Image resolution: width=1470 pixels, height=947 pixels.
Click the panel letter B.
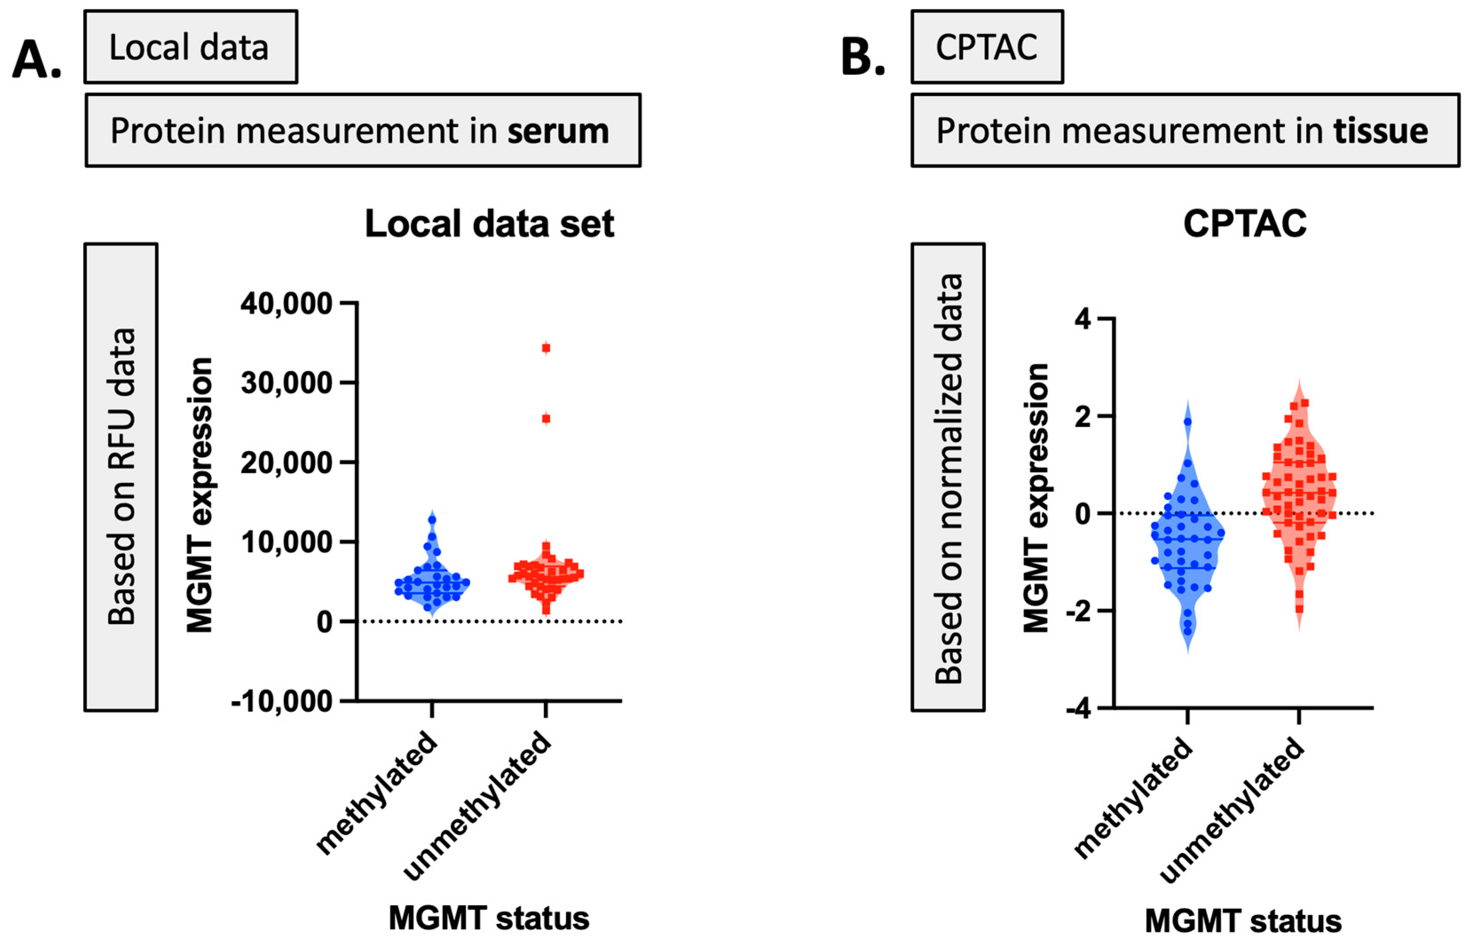point(862,59)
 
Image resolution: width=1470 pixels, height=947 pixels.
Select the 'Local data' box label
point(189,47)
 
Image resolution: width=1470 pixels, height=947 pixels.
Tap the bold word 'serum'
point(558,131)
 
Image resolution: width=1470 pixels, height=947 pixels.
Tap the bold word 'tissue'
point(1381,131)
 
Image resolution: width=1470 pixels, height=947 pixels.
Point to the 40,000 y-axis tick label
point(286,304)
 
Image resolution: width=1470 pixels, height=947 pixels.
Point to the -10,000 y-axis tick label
point(282,701)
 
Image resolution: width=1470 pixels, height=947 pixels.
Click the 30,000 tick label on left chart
point(286,383)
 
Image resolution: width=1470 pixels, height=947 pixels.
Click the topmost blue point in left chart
point(432,519)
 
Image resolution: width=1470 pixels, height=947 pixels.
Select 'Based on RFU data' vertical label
point(121,476)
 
